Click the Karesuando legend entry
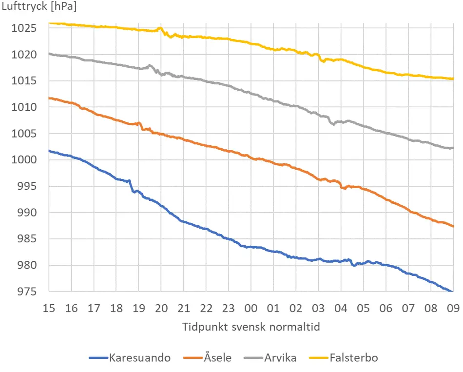point(130,358)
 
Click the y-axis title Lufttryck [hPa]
point(39,7)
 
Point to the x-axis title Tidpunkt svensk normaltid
point(251,327)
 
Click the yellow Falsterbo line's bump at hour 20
point(160,28)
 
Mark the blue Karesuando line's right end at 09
point(453,292)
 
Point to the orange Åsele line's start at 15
point(49,98)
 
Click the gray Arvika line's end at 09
point(453,148)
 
